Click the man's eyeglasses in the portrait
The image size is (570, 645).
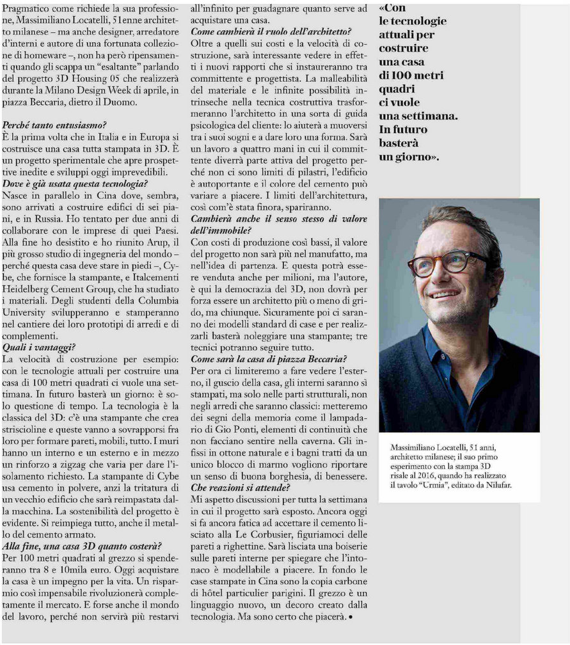(442, 263)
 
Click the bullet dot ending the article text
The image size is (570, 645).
(351, 617)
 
